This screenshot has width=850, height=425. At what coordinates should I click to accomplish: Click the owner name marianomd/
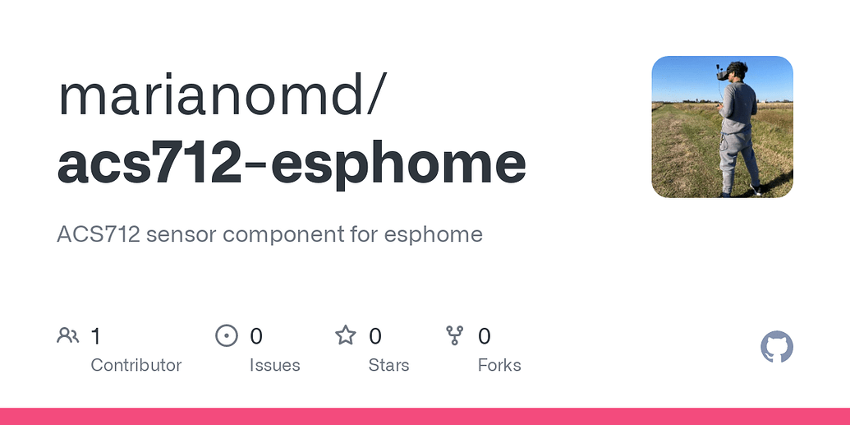pos(220,96)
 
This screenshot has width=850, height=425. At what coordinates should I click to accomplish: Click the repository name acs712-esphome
pos(292,162)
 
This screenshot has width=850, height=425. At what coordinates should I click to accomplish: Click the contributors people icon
pos(68,335)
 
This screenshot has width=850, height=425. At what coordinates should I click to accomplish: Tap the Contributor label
pos(136,365)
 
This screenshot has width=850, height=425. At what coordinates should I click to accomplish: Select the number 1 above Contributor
pos(95,335)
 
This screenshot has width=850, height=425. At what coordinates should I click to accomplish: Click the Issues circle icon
pos(226,335)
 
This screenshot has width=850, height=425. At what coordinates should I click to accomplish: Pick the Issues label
pos(274,365)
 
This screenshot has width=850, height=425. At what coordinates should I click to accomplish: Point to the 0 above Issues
pos(256,335)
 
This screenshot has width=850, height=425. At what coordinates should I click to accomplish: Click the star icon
pos(346,335)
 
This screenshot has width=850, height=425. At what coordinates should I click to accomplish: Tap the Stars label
pos(388,365)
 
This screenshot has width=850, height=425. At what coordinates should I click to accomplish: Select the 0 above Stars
pos(375,335)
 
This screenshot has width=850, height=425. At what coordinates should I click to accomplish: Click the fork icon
pos(455,335)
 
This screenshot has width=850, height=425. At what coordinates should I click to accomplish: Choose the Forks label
pos(499,365)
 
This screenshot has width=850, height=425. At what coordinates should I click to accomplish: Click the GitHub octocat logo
pos(777,348)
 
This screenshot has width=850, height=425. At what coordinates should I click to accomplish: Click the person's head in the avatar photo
pos(737,72)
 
